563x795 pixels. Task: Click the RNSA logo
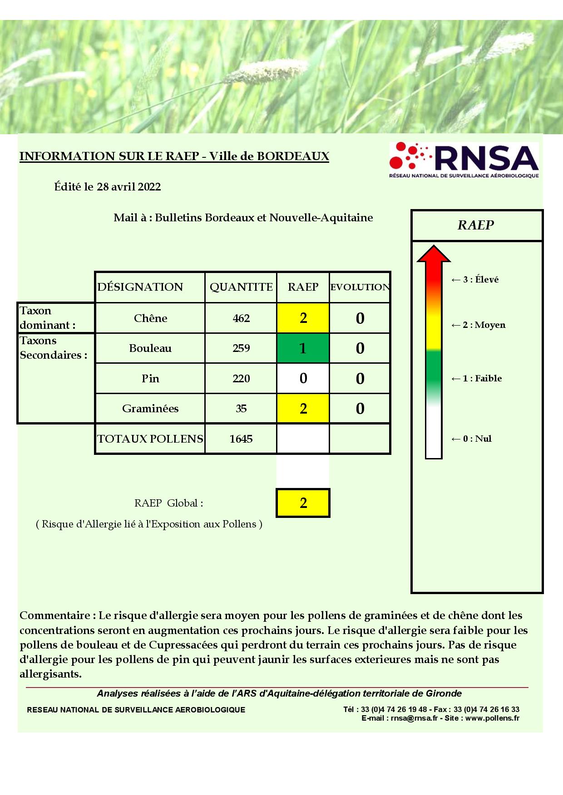tap(464, 160)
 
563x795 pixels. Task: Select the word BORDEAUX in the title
tap(293, 156)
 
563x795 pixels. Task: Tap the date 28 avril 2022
tap(129, 187)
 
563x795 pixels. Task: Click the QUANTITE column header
tap(241, 287)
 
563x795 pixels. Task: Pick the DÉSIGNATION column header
tap(140, 287)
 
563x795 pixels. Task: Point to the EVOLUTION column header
tap(360, 287)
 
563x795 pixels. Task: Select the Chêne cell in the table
tap(150, 318)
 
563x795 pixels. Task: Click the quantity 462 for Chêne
tap(241, 318)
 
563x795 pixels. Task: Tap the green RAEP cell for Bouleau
tap(303, 348)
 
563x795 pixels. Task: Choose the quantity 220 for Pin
tap(241, 378)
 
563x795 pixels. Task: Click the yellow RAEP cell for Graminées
tap(303, 409)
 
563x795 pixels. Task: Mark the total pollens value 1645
tap(241, 439)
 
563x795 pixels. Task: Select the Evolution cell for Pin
tap(360, 378)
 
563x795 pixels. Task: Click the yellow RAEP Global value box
tap(303, 502)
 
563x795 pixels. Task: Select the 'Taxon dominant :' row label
tap(47, 318)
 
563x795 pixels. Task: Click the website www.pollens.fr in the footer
tap(492, 718)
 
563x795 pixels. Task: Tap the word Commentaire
tap(54, 615)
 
